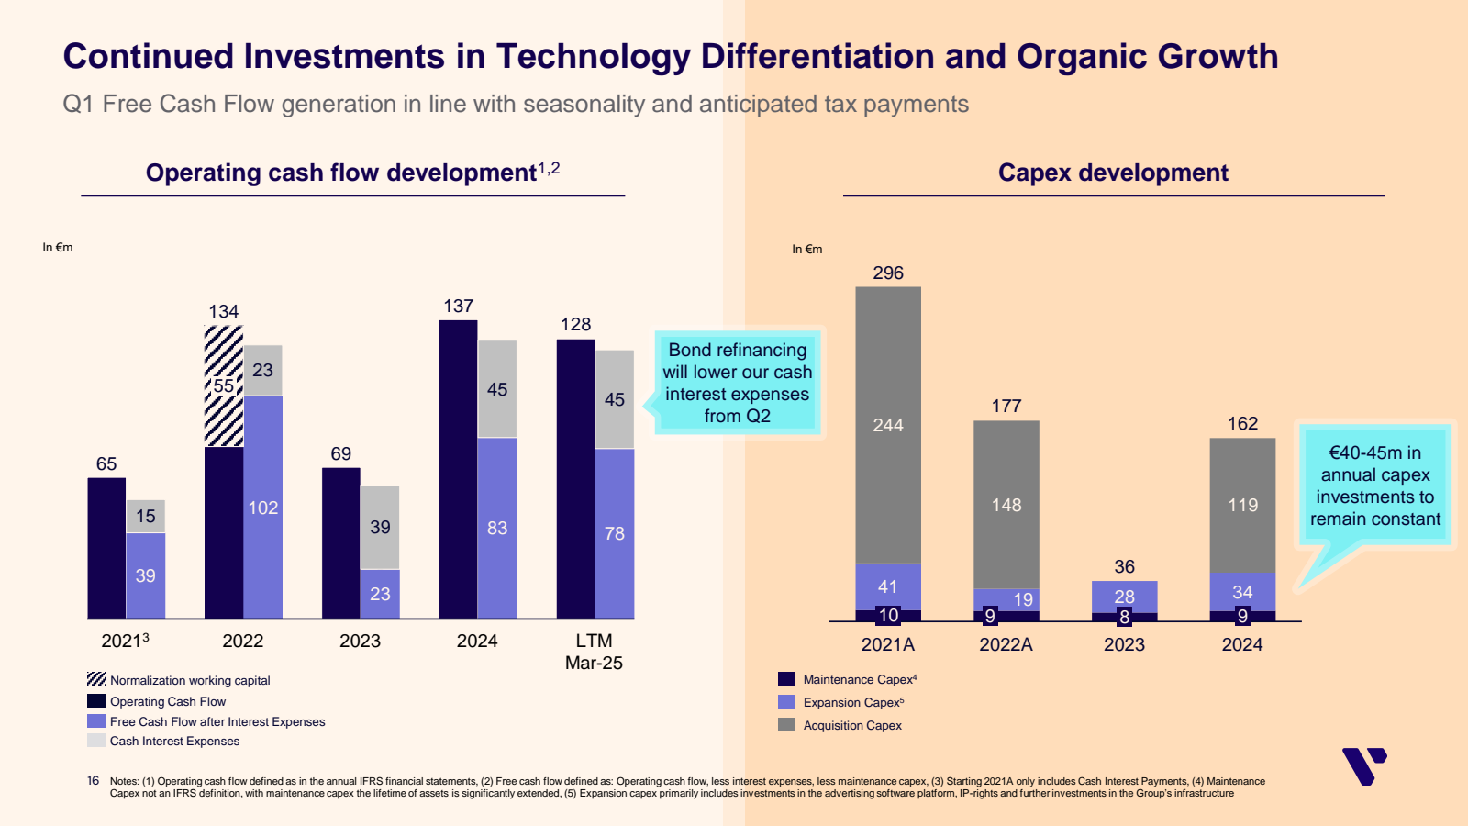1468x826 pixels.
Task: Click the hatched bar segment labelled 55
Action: [224, 386]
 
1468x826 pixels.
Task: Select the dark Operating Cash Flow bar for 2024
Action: [458, 468]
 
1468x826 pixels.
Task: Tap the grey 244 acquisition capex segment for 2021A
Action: [888, 425]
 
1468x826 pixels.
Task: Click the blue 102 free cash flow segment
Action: [262, 508]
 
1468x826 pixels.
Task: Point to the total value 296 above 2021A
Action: [888, 273]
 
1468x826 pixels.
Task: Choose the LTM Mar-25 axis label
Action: [594, 652]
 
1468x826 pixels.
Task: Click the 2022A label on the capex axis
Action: [1006, 644]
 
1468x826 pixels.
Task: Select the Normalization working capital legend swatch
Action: [96, 679]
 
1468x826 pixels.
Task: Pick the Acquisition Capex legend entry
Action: [852, 725]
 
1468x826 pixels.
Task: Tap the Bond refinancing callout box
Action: [738, 383]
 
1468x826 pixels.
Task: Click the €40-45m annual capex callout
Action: [1374, 486]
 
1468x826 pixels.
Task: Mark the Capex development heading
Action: [1113, 173]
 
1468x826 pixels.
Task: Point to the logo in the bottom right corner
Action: [1363, 765]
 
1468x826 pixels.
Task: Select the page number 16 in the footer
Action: [93, 781]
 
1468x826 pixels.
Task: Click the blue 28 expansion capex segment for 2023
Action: [1124, 596]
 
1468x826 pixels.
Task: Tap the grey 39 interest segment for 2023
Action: [380, 527]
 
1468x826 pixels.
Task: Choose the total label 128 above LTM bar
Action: [575, 324]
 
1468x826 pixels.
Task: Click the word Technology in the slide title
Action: [593, 57]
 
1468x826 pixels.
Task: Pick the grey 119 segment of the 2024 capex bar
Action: [1242, 505]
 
